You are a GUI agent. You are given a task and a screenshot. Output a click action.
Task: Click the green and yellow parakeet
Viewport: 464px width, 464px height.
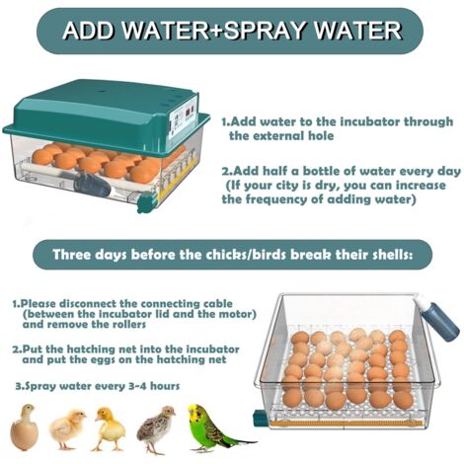210,427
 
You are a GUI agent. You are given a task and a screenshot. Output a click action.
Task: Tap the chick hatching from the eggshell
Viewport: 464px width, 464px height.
24,427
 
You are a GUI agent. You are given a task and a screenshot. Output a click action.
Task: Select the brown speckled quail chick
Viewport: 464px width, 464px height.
155,427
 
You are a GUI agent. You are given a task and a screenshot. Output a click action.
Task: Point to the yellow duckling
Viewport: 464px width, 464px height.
109,428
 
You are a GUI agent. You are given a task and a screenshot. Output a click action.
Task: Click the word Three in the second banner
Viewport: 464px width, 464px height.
71,255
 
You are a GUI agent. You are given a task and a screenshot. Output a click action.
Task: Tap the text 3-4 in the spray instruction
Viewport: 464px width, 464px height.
137,386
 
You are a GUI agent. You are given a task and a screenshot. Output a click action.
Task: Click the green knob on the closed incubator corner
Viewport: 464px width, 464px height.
145,202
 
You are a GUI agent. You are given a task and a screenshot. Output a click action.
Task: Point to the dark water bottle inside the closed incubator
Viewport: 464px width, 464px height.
92,186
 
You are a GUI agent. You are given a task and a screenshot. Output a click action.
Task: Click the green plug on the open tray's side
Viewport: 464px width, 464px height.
260,417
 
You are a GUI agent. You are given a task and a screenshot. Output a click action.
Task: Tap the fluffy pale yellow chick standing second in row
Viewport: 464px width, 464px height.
66,429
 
